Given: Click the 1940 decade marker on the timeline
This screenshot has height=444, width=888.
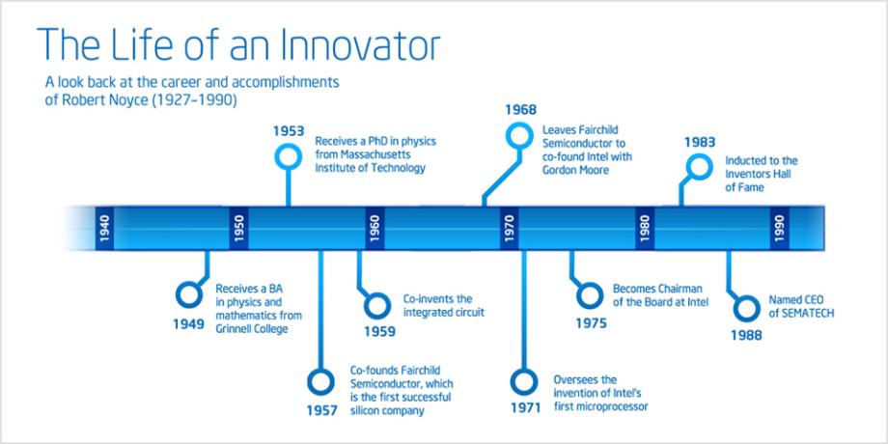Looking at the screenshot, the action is click(104, 228).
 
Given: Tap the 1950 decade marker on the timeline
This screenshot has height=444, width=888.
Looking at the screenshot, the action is click(239, 228).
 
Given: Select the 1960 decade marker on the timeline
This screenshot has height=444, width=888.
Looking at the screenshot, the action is click(375, 228).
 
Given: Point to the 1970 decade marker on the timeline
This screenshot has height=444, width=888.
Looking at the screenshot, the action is click(509, 228).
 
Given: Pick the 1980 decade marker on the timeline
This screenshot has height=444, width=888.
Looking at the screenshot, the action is click(645, 228).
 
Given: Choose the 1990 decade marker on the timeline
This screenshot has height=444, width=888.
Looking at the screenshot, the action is click(779, 228).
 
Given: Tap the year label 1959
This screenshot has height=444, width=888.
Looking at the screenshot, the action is click(379, 331).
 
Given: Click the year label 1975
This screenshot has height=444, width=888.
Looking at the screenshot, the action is click(592, 324).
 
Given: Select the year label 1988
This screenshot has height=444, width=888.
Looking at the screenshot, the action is click(746, 335).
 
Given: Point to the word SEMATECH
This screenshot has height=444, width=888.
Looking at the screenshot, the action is click(801, 313).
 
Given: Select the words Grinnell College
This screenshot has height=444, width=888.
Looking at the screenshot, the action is click(252, 329).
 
